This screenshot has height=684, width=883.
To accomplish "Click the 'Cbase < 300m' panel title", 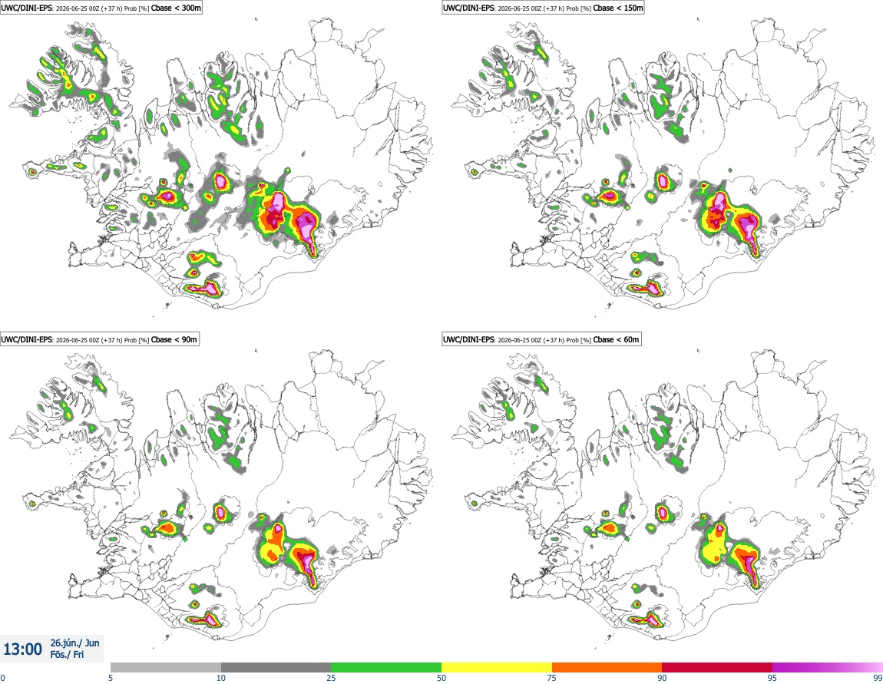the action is click(177, 8).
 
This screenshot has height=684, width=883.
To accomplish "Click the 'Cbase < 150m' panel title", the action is click(618, 8).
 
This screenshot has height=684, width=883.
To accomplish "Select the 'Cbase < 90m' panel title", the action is click(174, 339).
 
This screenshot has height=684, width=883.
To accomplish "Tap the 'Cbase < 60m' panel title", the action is click(617, 339).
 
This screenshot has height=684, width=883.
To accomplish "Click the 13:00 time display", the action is click(22, 649).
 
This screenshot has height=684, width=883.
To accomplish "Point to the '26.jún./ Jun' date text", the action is click(75, 643).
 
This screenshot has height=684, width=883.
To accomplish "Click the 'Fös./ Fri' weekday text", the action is click(67, 655).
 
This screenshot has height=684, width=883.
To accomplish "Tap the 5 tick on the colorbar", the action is click(111, 678).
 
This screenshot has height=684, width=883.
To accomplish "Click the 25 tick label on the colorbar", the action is click(331, 678).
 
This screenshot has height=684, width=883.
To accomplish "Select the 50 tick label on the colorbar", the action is click(441, 678).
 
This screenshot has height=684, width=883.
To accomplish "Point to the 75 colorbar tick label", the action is click(552, 678).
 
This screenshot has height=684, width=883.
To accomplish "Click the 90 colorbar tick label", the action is click(662, 678).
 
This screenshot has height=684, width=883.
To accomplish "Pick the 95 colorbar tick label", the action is click(772, 678).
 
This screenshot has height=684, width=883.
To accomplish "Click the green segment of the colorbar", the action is click(386, 667).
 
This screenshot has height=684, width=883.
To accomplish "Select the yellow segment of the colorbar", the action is click(497, 667).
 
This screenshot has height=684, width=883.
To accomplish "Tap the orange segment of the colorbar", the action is click(607, 667).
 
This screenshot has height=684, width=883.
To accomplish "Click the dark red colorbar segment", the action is click(717, 667).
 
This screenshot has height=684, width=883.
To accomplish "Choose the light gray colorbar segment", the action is click(166, 667).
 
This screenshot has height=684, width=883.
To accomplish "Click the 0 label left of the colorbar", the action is click(3, 678).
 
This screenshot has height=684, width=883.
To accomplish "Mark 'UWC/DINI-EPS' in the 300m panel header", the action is click(27, 8).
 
